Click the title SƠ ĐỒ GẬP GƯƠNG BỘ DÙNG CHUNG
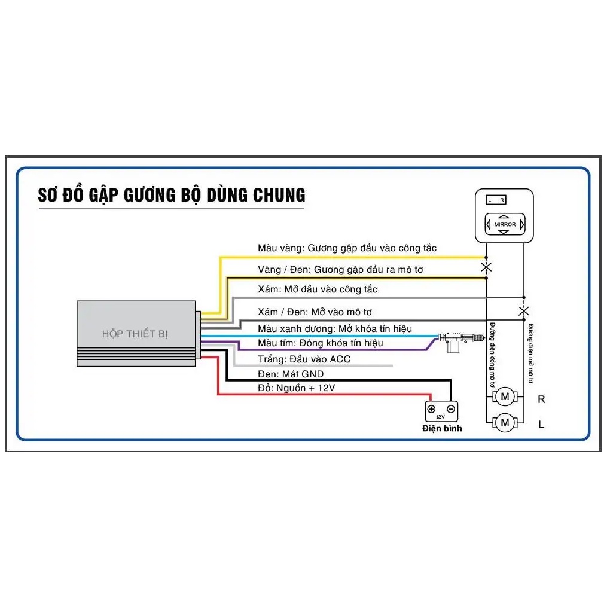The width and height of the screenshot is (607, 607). (172, 195)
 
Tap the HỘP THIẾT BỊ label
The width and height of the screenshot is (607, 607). (135, 334)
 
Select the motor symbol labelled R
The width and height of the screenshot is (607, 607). (505, 396)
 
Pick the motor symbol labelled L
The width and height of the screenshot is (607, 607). (505, 423)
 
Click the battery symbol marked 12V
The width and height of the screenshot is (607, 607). (441, 411)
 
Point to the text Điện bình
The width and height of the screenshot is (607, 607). (442, 428)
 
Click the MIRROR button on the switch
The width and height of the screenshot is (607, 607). (505, 224)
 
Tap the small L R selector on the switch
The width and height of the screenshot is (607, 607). (496, 200)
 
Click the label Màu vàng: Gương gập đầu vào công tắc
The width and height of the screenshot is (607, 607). (347, 248)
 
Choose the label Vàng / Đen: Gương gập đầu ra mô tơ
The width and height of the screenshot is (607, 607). (340, 269)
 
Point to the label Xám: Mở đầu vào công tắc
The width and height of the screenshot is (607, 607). (318, 289)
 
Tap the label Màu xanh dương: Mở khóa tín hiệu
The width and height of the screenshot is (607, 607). (334, 328)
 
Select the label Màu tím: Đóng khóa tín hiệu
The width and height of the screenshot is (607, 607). (320, 343)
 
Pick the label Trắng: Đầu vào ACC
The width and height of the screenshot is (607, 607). (304, 359)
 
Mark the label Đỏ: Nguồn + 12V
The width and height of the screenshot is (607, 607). (296, 388)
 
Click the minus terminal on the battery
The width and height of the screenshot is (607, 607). (451, 409)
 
